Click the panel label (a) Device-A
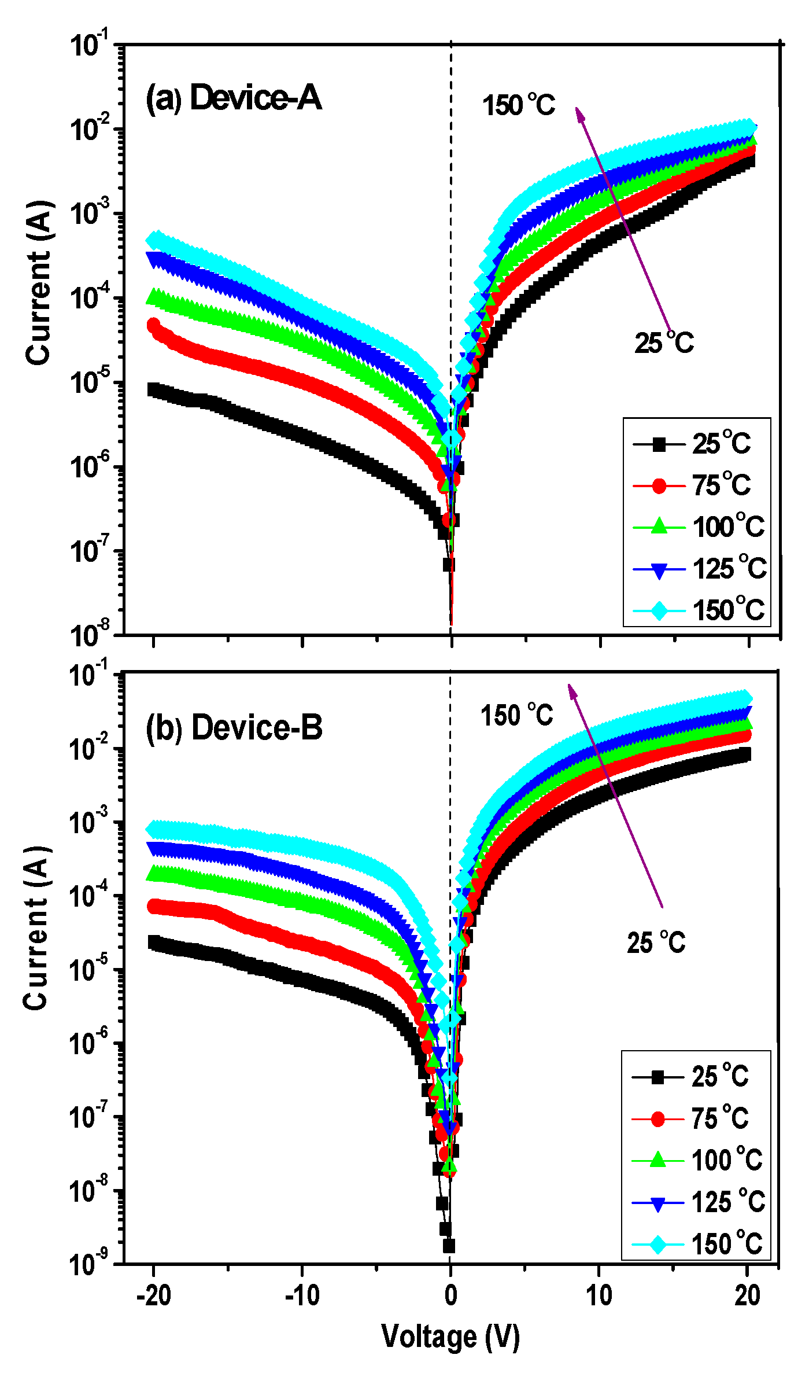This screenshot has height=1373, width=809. [233, 97]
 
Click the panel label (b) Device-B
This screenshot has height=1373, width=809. [234, 727]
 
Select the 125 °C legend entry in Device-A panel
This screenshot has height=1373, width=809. [700, 569]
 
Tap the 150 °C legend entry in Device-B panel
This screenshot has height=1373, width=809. [698, 1244]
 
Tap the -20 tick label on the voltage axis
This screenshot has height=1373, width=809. [153, 1296]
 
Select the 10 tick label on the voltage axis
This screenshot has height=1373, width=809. [599, 1296]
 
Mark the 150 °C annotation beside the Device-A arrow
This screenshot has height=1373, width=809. [518, 105]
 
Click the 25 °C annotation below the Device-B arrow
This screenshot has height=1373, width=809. [656, 943]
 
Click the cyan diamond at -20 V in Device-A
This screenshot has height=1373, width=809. [155, 240]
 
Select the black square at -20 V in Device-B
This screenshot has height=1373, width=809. [154, 943]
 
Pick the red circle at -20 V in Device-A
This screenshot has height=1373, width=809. [153, 325]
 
